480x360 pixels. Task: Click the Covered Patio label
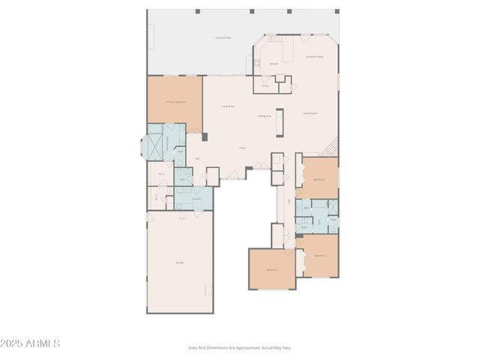(x=223, y=37)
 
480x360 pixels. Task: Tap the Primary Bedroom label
(x=175, y=102)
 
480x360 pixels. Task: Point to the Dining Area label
(x=264, y=116)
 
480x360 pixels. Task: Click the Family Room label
(x=310, y=113)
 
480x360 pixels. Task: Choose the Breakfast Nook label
(x=315, y=56)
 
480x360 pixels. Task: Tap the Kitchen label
(x=274, y=64)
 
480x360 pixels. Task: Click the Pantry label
(x=265, y=85)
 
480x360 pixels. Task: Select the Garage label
(x=180, y=262)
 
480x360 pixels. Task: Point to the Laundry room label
(x=196, y=199)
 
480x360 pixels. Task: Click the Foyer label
(x=242, y=148)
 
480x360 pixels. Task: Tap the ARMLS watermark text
(x=30, y=343)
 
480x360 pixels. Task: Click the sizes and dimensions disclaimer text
(x=239, y=347)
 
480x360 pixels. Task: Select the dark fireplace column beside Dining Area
(x=280, y=122)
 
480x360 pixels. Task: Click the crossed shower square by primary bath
(x=154, y=146)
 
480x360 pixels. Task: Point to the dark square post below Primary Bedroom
(x=204, y=136)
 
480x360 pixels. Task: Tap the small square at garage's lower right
(x=208, y=289)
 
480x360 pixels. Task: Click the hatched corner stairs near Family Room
(x=330, y=147)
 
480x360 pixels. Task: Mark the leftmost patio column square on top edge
(x=197, y=11)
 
